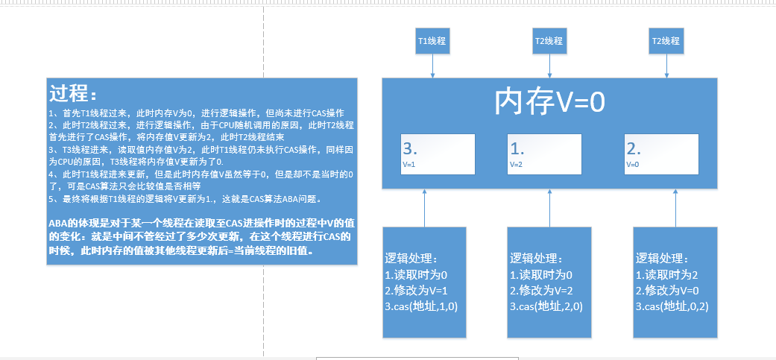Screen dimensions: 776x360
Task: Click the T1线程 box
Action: point(432,42)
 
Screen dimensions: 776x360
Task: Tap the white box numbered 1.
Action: point(543,153)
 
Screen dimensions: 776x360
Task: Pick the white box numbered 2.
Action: point(660,153)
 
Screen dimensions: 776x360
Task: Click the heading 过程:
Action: point(73,94)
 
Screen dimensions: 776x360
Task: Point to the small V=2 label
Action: point(517,164)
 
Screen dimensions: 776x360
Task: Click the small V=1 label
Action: point(409,164)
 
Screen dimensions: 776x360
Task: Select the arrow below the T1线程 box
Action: point(432,66)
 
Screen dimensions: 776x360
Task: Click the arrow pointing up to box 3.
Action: point(424,208)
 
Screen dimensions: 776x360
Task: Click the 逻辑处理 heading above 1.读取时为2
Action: point(662,258)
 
